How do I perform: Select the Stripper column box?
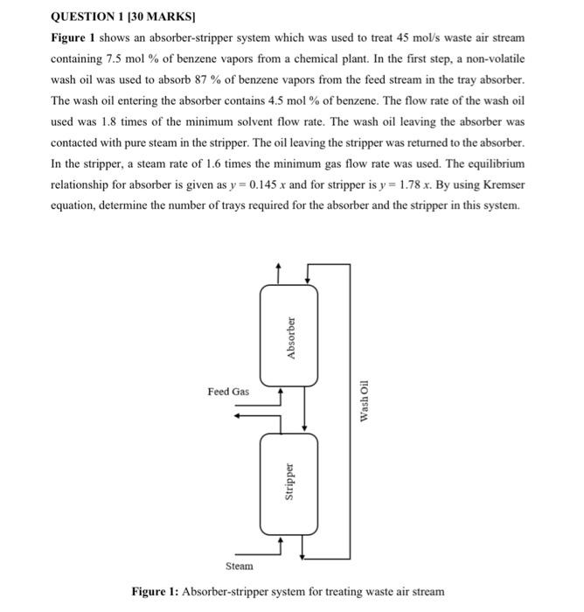tap(289, 486)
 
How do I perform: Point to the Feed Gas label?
tap(227, 391)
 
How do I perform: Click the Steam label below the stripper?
tap(239, 567)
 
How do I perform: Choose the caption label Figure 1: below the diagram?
tap(154, 592)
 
